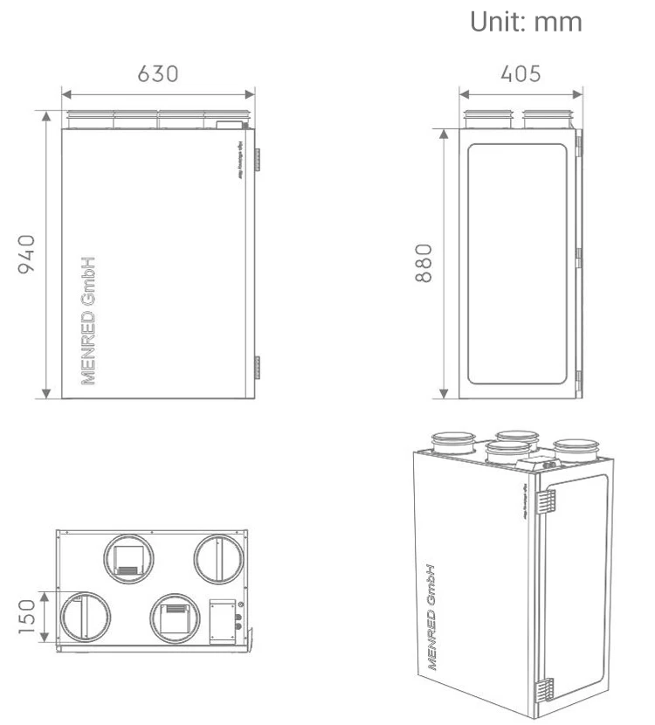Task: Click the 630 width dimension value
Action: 158,73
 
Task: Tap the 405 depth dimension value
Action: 520,73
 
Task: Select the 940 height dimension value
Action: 28,252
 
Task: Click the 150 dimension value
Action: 28,616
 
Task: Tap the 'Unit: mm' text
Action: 526,22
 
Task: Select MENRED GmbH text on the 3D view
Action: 432,616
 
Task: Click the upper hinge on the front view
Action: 258,160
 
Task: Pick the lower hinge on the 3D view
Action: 545,689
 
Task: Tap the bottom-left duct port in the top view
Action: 84,617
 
